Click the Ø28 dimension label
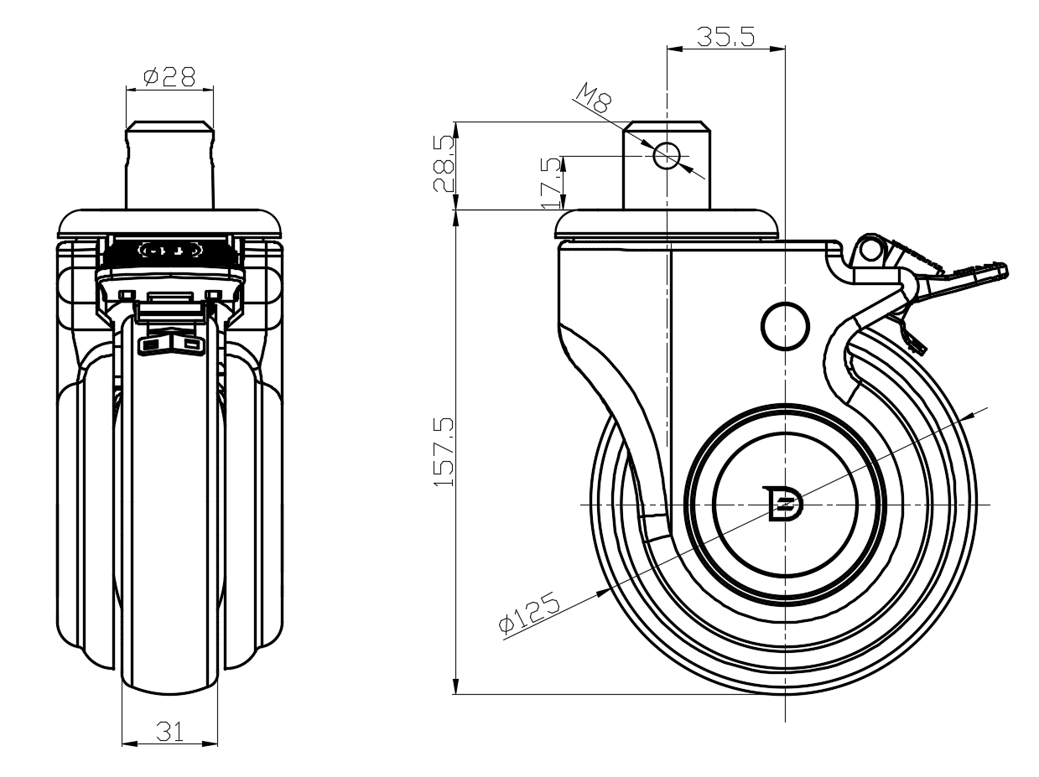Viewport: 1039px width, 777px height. click(x=169, y=76)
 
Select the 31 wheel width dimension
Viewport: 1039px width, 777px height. click(x=169, y=732)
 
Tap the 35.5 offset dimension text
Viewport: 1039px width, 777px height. click(x=725, y=36)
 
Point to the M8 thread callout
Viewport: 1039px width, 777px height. click(x=594, y=98)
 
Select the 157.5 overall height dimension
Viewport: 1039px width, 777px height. click(x=444, y=452)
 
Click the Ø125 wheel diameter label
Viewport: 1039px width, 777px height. click(x=529, y=613)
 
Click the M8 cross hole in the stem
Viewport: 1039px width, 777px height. click(x=667, y=155)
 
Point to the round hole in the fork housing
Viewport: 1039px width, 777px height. click(x=785, y=326)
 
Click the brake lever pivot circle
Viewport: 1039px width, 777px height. click(x=870, y=250)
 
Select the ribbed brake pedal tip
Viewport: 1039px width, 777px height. click(x=975, y=274)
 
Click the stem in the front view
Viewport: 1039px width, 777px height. click(x=169, y=164)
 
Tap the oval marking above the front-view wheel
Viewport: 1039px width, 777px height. click(x=169, y=250)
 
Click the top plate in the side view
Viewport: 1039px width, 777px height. click(x=667, y=224)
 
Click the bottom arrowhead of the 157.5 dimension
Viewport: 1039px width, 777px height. click(x=456, y=686)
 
